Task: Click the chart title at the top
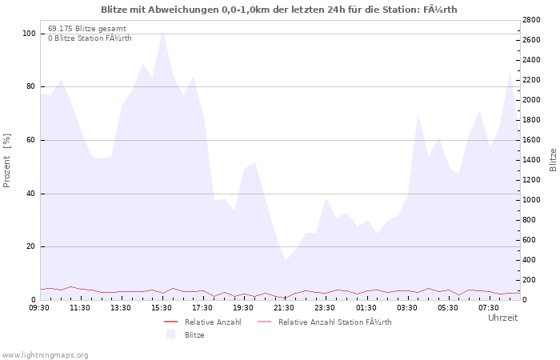(x=279, y=10)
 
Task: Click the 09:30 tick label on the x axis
(x=39, y=308)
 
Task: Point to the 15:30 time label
(x=162, y=308)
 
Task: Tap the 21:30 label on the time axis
(x=284, y=308)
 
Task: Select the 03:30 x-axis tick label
(x=406, y=308)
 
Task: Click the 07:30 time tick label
(x=489, y=308)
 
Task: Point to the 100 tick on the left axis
(x=29, y=34)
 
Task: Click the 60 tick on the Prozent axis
(x=31, y=140)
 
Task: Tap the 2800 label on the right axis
(x=531, y=20)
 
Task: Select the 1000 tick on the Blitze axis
(x=531, y=200)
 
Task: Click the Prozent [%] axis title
(x=6, y=160)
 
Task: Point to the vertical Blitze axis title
(x=553, y=160)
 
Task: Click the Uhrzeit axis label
(x=503, y=318)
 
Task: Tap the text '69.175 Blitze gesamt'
(x=87, y=29)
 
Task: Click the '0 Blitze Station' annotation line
(x=90, y=38)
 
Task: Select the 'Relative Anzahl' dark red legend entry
(x=202, y=322)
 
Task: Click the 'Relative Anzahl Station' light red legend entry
(x=324, y=322)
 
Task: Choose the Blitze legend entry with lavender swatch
(x=186, y=334)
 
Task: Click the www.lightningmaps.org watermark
(x=44, y=355)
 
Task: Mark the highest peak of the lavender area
(x=163, y=31)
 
